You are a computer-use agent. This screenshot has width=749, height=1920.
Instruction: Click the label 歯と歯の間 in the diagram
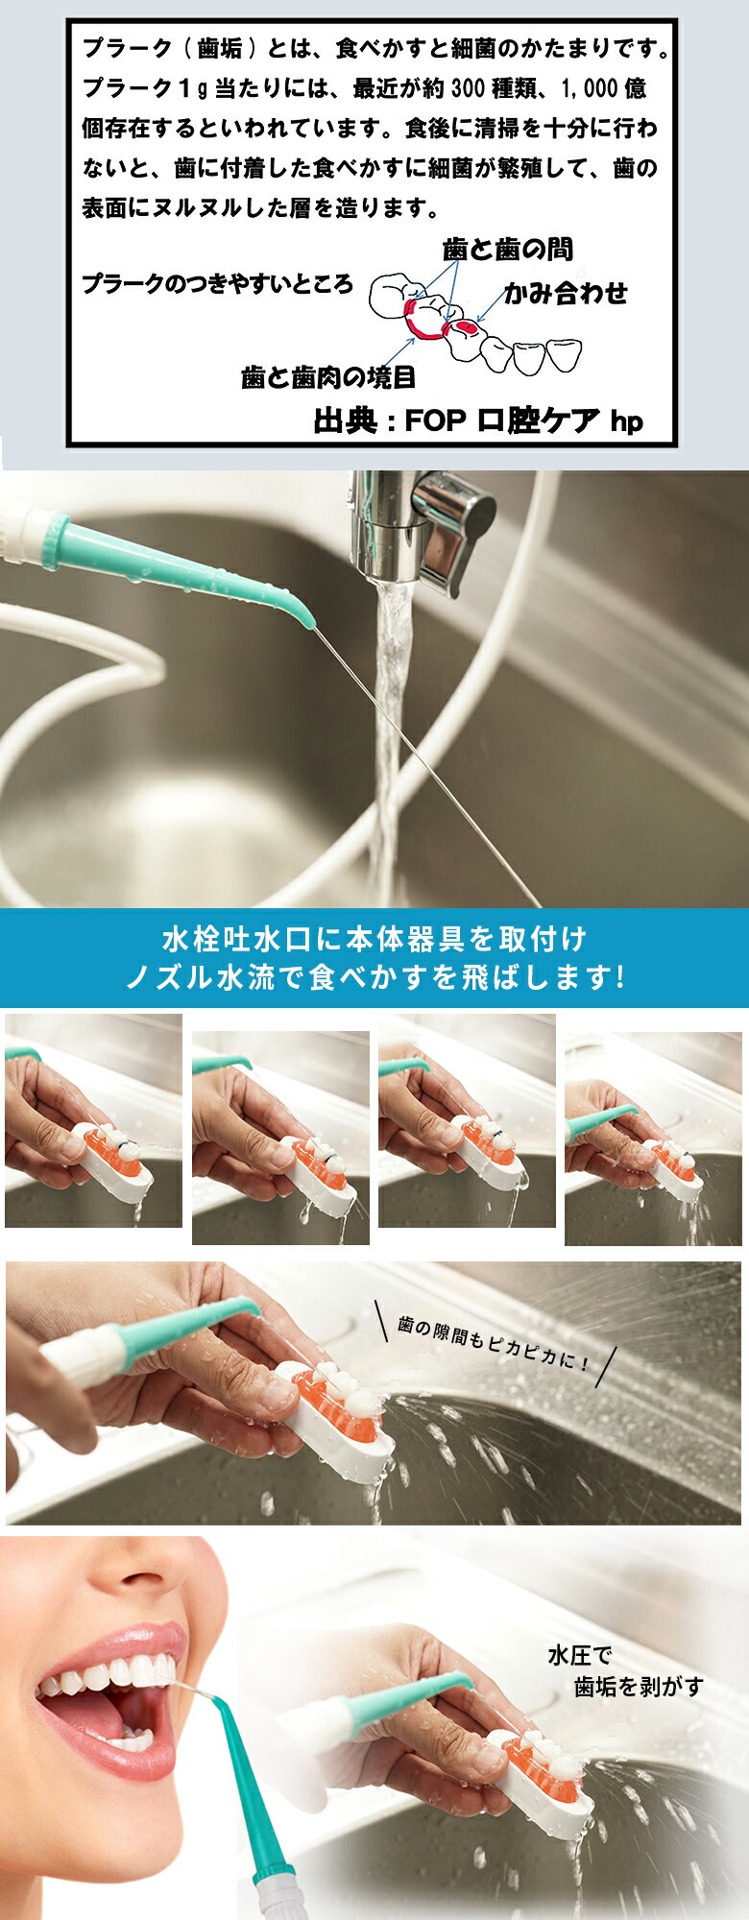click(508, 250)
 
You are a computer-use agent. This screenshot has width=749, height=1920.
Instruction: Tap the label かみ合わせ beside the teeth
click(567, 293)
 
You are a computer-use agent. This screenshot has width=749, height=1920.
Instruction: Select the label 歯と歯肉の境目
click(328, 377)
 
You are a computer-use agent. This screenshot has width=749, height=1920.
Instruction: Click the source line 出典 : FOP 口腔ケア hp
click(478, 420)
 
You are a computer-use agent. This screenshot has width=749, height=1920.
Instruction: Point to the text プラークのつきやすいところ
click(217, 284)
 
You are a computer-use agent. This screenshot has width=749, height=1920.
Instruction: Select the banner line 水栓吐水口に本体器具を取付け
click(374, 938)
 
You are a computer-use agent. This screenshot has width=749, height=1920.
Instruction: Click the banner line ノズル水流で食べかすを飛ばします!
click(375, 977)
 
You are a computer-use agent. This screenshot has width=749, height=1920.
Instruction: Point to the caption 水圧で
click(579, 1656)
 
